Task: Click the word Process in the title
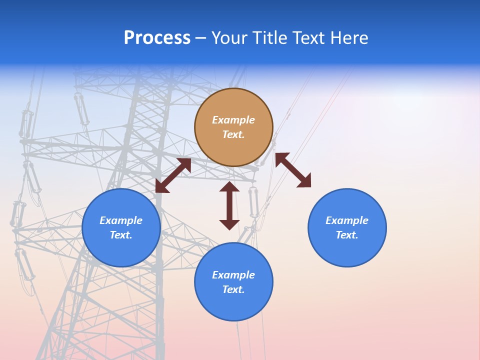point(157,38)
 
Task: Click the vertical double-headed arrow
point(229,205)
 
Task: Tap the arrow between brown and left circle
point(173,175)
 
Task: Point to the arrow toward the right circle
point(293,170)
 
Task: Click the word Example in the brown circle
point(233,120)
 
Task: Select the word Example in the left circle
point(121,220)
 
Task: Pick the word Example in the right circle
point(347,220)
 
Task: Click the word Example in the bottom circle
point(233,275)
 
